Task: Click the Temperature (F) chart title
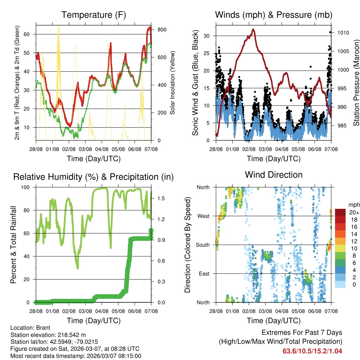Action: coord(94,15)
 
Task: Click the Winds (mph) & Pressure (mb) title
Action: coord(274,15)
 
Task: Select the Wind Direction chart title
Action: coord(274,175)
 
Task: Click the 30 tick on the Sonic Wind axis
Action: coord(207,36)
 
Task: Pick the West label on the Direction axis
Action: coord(203,216)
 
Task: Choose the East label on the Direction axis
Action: coord(204,274)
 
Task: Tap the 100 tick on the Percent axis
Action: coord(28,187)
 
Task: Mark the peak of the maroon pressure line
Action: coord(253,30)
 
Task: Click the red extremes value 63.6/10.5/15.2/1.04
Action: coord(312,351)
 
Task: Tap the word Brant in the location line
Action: coord(41,328)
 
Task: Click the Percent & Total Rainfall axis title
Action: coord(14,245)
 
